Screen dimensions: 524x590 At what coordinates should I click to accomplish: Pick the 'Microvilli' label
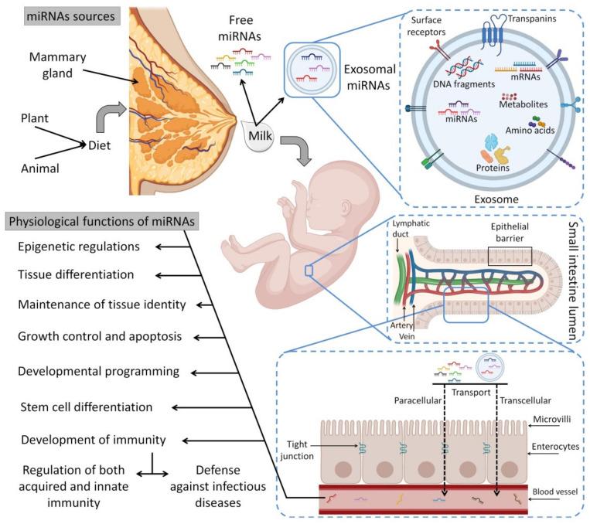[x=552, y=419]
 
